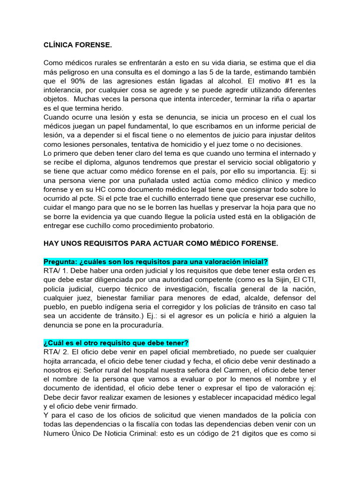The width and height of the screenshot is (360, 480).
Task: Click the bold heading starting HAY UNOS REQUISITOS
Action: (x=161, y=243)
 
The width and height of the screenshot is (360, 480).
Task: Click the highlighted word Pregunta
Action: (x=60, y=262)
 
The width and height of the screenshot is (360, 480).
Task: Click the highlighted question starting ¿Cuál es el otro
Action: (x=116, y=343)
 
